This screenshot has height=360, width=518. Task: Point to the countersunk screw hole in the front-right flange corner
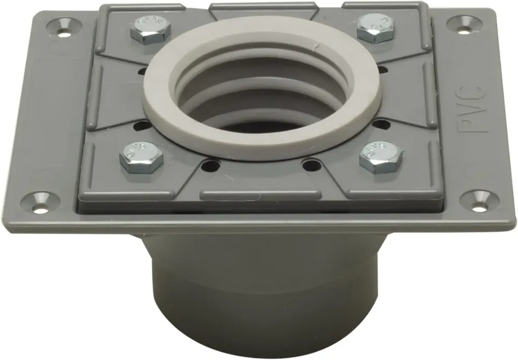tap(478, 201)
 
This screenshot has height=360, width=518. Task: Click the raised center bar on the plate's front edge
tap(260, 194)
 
